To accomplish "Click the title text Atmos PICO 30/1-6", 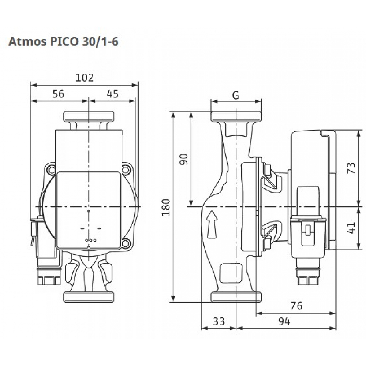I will point(63,41).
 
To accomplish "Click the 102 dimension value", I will point(85,78).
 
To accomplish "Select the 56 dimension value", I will point(58,94).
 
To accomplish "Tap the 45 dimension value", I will point(113,94).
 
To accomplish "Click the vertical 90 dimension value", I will point(184,159).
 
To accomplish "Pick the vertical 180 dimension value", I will point(166,208).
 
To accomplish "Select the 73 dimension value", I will point(351,168).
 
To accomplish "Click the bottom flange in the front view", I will point(90,297).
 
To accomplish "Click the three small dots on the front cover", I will point(90,240).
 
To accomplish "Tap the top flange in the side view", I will point(236,116).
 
